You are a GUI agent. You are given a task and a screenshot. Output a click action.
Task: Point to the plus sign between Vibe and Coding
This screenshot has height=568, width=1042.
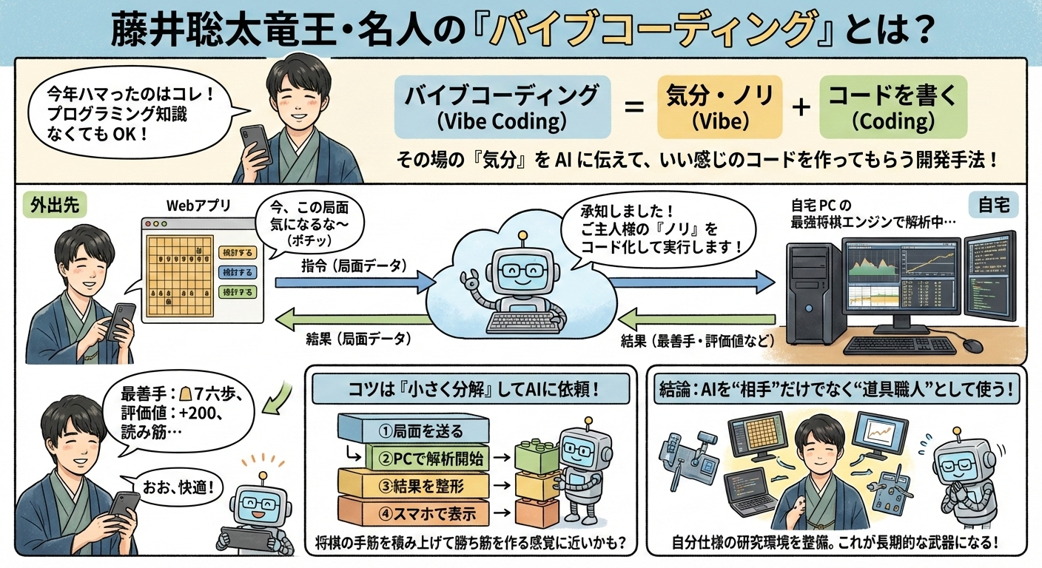pyautogui.click(x=800, y=108)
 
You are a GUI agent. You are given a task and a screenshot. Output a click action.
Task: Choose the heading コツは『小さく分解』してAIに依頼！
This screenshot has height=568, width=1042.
pyautogui.click(x=471, y=389)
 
